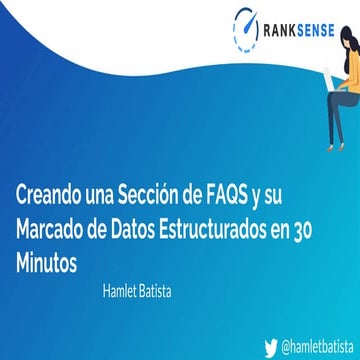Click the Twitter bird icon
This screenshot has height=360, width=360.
[x=270, y=345]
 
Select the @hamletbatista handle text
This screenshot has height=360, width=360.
[x=317, y=345]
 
